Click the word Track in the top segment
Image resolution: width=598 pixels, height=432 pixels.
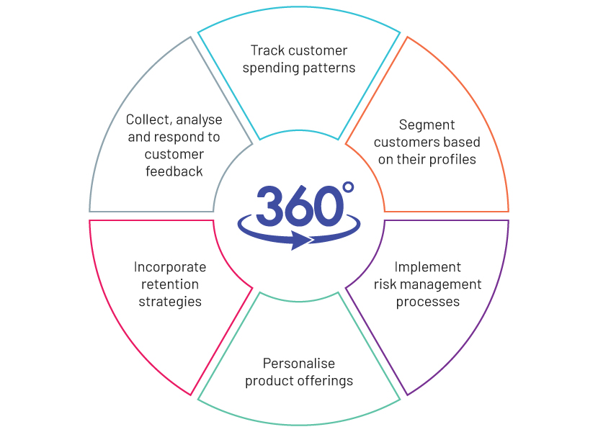point(267,50)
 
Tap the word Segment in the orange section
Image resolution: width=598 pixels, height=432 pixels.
point(427,125)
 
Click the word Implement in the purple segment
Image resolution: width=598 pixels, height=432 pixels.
point(427,267)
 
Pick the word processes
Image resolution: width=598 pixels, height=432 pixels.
point(427,302)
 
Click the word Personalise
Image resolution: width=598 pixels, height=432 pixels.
point(298,364)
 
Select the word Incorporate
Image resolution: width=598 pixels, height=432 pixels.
point(170,267)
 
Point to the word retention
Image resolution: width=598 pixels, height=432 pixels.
point(170,284)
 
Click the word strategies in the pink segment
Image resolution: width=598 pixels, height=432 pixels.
point(170,302)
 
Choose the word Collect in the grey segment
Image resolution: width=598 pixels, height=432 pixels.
point(149,120)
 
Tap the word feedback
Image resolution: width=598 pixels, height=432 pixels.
point(174,171)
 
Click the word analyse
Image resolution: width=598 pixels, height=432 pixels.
point(199,120)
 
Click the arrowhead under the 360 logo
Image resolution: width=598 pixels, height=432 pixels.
point(302,240)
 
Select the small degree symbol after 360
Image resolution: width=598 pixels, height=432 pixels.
point(348,187)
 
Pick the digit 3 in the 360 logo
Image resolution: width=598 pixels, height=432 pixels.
point(270,206)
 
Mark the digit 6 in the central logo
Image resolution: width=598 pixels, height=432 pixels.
point(300,206)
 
